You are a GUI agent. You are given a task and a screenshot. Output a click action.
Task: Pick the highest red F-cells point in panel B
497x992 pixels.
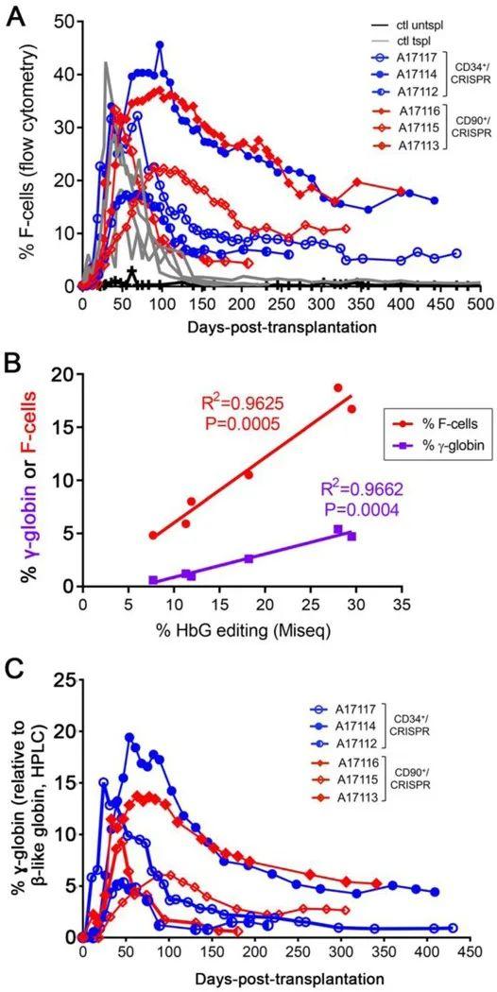[338, 387]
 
